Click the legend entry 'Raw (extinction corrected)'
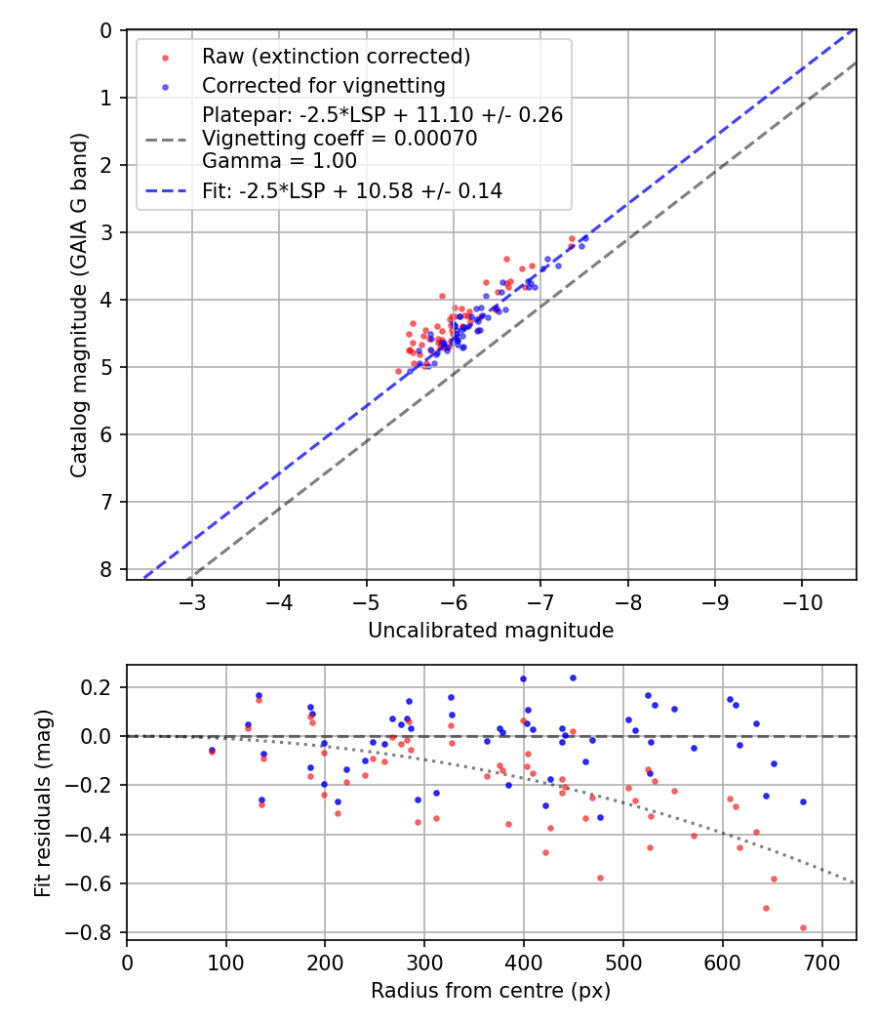point(336,57)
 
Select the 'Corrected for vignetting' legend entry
point(323,85)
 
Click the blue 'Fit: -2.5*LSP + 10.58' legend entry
point(351,191)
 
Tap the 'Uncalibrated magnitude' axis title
point(491,631)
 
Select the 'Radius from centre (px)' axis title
point(491,991)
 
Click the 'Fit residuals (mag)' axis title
point(43,802)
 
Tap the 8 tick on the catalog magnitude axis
point(106,569)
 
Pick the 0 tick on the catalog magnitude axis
point(106,30)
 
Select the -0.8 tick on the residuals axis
point(96,933)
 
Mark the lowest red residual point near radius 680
point(803,927)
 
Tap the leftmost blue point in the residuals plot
point(212,750)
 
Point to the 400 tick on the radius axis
point(524,963)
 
